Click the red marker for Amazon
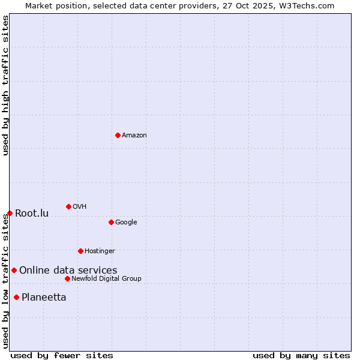(x=118, y=135)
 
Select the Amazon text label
(x=134, y=136)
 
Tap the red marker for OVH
(x=68, y=206)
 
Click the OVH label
(x=80, y=207)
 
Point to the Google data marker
(x=111, y=222)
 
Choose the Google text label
(x=126, y=223)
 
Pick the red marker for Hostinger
(x=80, y=251)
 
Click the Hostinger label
(x=100, y=251)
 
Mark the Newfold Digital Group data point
(x=67, y=278)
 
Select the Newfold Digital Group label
(x=106, y=279)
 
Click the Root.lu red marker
(x=10, y=213)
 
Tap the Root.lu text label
(x=32, y=214)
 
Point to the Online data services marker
(x=14, y=270)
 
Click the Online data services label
(x=68, y=271)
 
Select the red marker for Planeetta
(x=16, y=297)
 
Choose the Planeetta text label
(x=44, y=298)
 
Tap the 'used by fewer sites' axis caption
(x=62, y=355)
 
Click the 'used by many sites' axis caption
(x=301, y=355)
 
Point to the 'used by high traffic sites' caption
(x=5, y=85)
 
